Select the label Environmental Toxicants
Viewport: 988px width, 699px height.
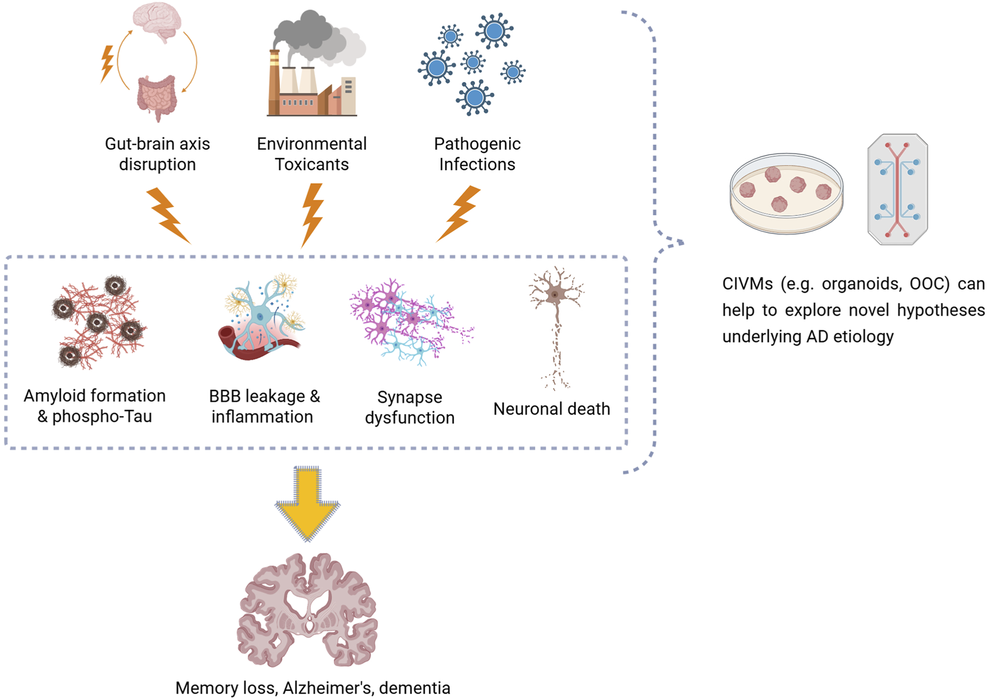point(312,154)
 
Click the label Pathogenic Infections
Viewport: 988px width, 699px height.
point(477,154)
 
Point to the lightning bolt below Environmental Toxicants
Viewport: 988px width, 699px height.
point(312,214)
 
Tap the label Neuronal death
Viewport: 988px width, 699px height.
point(551,409)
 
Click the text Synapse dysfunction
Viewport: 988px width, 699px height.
point(409,407)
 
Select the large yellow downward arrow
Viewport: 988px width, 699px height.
point(307,502)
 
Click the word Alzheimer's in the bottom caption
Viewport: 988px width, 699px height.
point(327,688)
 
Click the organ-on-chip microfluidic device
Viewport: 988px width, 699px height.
point(897,190)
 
